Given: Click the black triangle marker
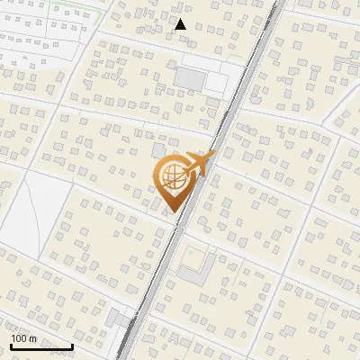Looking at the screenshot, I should click(181, 24).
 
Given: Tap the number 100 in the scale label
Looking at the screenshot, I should click(19, 338).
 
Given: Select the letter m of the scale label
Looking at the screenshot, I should click(32, 338).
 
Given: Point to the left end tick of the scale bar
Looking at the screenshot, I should click(12, 345).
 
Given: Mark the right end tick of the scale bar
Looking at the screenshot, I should click(72, 345).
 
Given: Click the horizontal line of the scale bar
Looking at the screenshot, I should click(41, 346).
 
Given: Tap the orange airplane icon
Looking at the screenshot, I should click(199, 164).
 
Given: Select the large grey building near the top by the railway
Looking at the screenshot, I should click(190, 78).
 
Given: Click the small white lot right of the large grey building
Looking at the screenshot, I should click(217, 82).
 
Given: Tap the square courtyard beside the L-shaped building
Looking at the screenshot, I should click(192, 267).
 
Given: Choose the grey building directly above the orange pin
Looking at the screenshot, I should click(158, 149).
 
